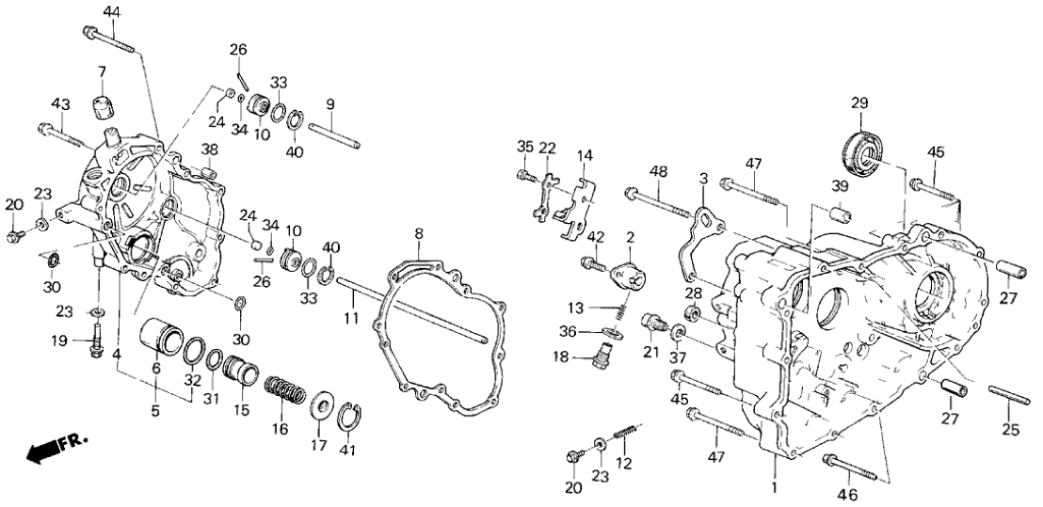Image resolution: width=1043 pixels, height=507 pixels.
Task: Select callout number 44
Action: click(112, 12)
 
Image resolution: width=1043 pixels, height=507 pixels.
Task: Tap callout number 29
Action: click(858, 103)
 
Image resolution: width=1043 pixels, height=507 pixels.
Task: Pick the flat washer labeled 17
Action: click(319, 406)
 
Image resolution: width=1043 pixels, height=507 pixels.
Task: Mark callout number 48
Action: click(657, 171)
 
